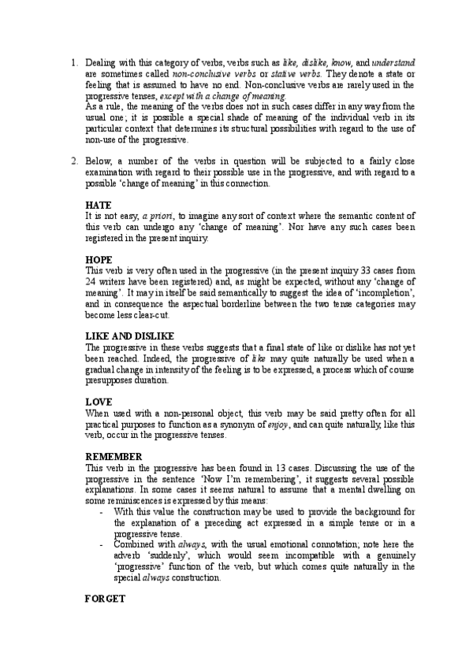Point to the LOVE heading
(98, 401)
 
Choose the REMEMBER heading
(114, 456)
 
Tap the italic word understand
(393, 61)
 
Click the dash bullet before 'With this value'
(104, 512)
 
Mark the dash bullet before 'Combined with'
(104, 544)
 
